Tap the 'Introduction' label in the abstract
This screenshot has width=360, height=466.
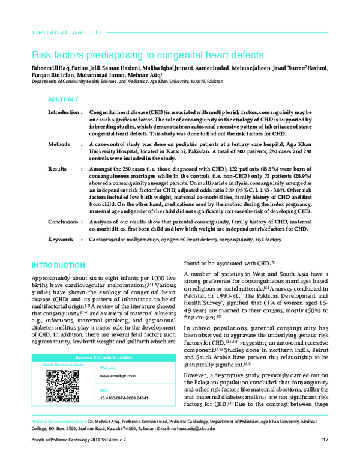64,113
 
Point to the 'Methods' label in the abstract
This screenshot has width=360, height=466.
59,145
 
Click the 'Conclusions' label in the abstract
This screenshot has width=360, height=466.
63,222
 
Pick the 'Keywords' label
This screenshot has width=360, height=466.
61,240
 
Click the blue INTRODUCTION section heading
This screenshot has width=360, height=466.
58,265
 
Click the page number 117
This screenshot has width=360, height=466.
323,457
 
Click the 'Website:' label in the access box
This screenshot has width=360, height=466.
108,368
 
